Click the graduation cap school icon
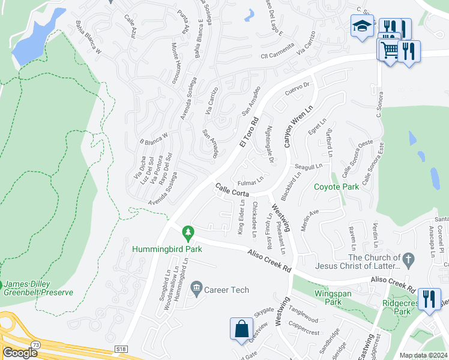[x=362, y=26]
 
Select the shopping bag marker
[x=241, y=329]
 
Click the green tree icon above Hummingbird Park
[x=188, y=232]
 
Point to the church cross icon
[x=408, y=260]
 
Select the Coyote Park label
[x=336, y=187]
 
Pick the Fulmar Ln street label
[x=250, y=179]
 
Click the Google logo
[x=19, y=353]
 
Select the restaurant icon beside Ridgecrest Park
[x=429, y=298]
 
